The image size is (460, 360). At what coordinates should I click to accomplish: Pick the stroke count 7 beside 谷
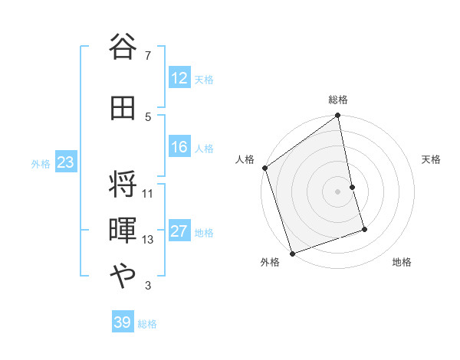[148, 55]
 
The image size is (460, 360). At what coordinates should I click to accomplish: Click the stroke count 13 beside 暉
[148, 240]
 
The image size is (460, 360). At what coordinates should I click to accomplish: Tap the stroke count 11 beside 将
[148, 194]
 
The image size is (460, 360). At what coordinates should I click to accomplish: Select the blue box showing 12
[179, 78]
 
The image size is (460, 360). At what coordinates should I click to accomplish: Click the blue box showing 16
[179, 147]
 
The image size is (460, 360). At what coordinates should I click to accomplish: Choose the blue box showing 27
[179, 231]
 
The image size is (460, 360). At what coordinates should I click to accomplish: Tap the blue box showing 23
[65, 162]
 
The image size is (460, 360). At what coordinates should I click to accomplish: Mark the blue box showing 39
[123, 322]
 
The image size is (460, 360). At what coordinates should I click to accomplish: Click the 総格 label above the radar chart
[338, 100]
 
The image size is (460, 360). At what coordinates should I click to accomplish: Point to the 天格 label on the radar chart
[431, 159]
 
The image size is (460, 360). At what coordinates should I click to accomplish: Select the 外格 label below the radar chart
[270, 262]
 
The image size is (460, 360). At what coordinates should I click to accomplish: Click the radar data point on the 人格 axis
[264, 168]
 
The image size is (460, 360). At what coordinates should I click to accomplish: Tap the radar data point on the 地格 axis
[365, 229]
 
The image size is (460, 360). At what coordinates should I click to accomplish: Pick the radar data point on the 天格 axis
[352, 187]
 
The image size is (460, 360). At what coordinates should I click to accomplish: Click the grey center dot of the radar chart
[337, 191]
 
